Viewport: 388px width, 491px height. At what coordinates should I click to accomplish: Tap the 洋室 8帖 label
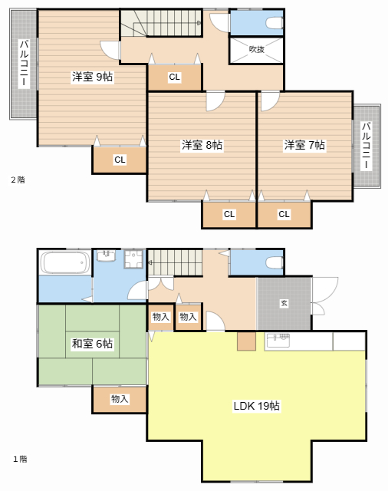point(202,144)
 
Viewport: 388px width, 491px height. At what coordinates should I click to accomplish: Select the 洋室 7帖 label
point(304,144)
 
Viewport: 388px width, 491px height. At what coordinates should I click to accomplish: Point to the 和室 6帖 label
point(92,344)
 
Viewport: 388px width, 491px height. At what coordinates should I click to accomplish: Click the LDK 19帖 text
point(256,406)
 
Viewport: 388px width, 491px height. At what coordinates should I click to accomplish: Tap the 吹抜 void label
point(256,49)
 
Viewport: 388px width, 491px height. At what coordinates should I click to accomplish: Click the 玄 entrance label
point(284,304)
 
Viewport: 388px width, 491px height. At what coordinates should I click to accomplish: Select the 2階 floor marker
point(18,180)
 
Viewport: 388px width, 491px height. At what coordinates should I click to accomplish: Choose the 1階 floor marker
point(19,459)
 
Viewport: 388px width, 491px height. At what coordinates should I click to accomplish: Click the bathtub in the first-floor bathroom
point(64,263)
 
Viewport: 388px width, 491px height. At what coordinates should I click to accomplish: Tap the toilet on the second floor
point(271,23)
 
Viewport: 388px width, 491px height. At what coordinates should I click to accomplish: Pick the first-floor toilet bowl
point(271,262)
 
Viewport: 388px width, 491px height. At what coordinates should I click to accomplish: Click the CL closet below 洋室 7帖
point(284,214)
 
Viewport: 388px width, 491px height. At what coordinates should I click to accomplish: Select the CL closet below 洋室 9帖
point(120,160)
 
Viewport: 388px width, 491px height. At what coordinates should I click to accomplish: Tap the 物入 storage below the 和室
point(119,399)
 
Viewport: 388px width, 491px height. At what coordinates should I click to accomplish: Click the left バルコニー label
point(23,64)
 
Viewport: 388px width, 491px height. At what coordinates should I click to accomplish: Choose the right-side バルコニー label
point(367,146)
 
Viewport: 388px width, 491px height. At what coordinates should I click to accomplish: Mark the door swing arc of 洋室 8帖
point(215,101)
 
